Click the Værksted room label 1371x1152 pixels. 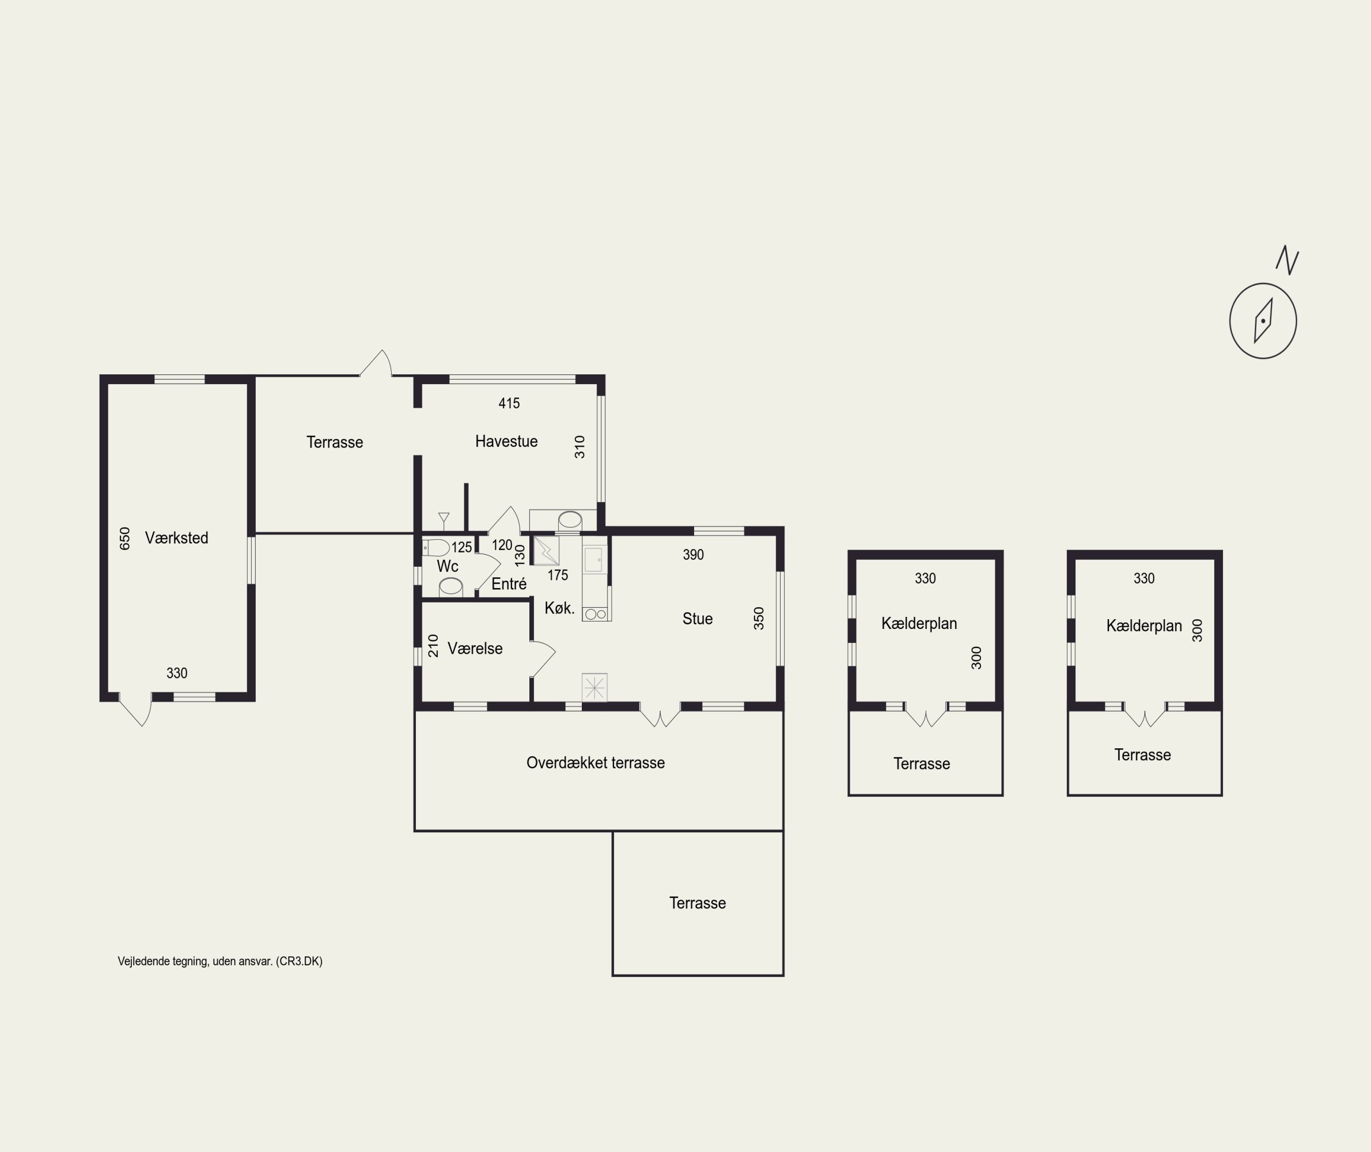coord(176,537)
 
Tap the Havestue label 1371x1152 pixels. coord(506,441)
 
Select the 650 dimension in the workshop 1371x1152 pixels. coord(125,538)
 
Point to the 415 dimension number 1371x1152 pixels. coord(509,403)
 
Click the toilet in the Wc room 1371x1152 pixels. coord(435,547)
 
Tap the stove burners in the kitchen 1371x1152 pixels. coord(596,614)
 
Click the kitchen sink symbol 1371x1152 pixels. coord(595,560)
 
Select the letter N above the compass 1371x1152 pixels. coord(1287,260)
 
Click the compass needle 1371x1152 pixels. coord(1263,321)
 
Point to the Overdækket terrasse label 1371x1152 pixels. coord(596,762)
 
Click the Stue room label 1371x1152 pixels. coord(697,619)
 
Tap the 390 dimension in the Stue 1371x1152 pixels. coord(693,555)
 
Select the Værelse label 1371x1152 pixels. coord(475,648)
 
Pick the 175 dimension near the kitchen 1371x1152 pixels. coord(557,575)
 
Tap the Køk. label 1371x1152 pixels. coord(559,608)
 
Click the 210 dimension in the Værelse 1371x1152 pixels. coord(433,645)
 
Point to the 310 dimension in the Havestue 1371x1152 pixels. coord(580,447)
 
